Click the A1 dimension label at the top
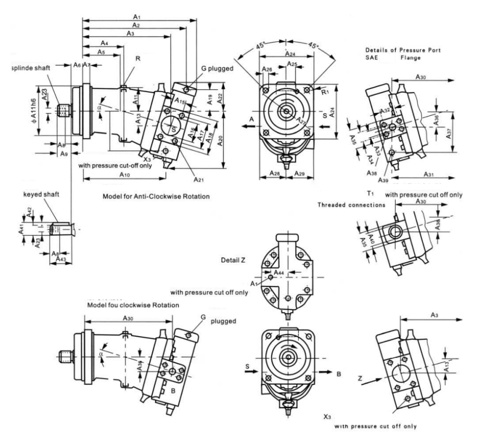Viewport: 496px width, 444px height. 137,16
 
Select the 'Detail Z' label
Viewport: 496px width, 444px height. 234,260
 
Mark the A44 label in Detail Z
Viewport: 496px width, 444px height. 279,272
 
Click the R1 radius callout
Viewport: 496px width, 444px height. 324,92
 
